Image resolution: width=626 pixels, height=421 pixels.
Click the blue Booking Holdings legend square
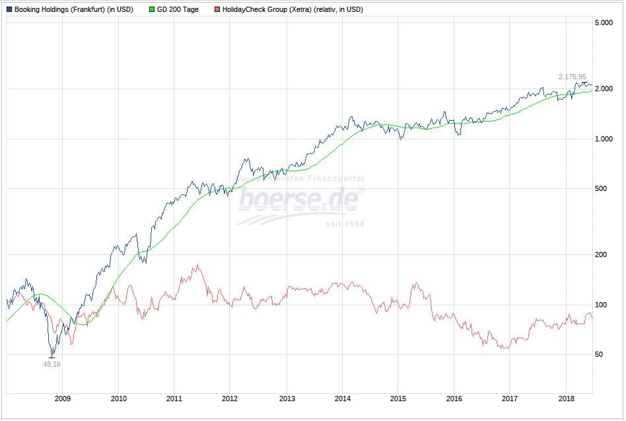(9, 10)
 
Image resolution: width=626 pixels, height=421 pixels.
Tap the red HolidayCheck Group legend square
(217, 10)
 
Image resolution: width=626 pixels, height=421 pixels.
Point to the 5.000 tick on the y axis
(603, 23)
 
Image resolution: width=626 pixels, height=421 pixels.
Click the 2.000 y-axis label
(603, 89)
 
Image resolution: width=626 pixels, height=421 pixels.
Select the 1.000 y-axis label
(603, 139)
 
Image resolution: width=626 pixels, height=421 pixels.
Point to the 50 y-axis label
(598, 355)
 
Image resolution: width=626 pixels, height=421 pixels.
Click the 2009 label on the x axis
(62, 399)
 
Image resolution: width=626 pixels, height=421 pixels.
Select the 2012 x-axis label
(230, 399)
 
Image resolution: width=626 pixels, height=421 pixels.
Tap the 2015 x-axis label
(398, 399)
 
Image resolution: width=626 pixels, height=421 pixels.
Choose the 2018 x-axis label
(566, 399)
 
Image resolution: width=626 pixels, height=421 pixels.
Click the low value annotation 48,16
(52, 364)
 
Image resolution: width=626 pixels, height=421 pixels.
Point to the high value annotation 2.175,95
(572, 77)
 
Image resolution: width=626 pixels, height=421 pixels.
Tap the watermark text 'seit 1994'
(345, 224)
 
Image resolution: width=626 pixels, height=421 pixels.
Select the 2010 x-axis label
(118, 399)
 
